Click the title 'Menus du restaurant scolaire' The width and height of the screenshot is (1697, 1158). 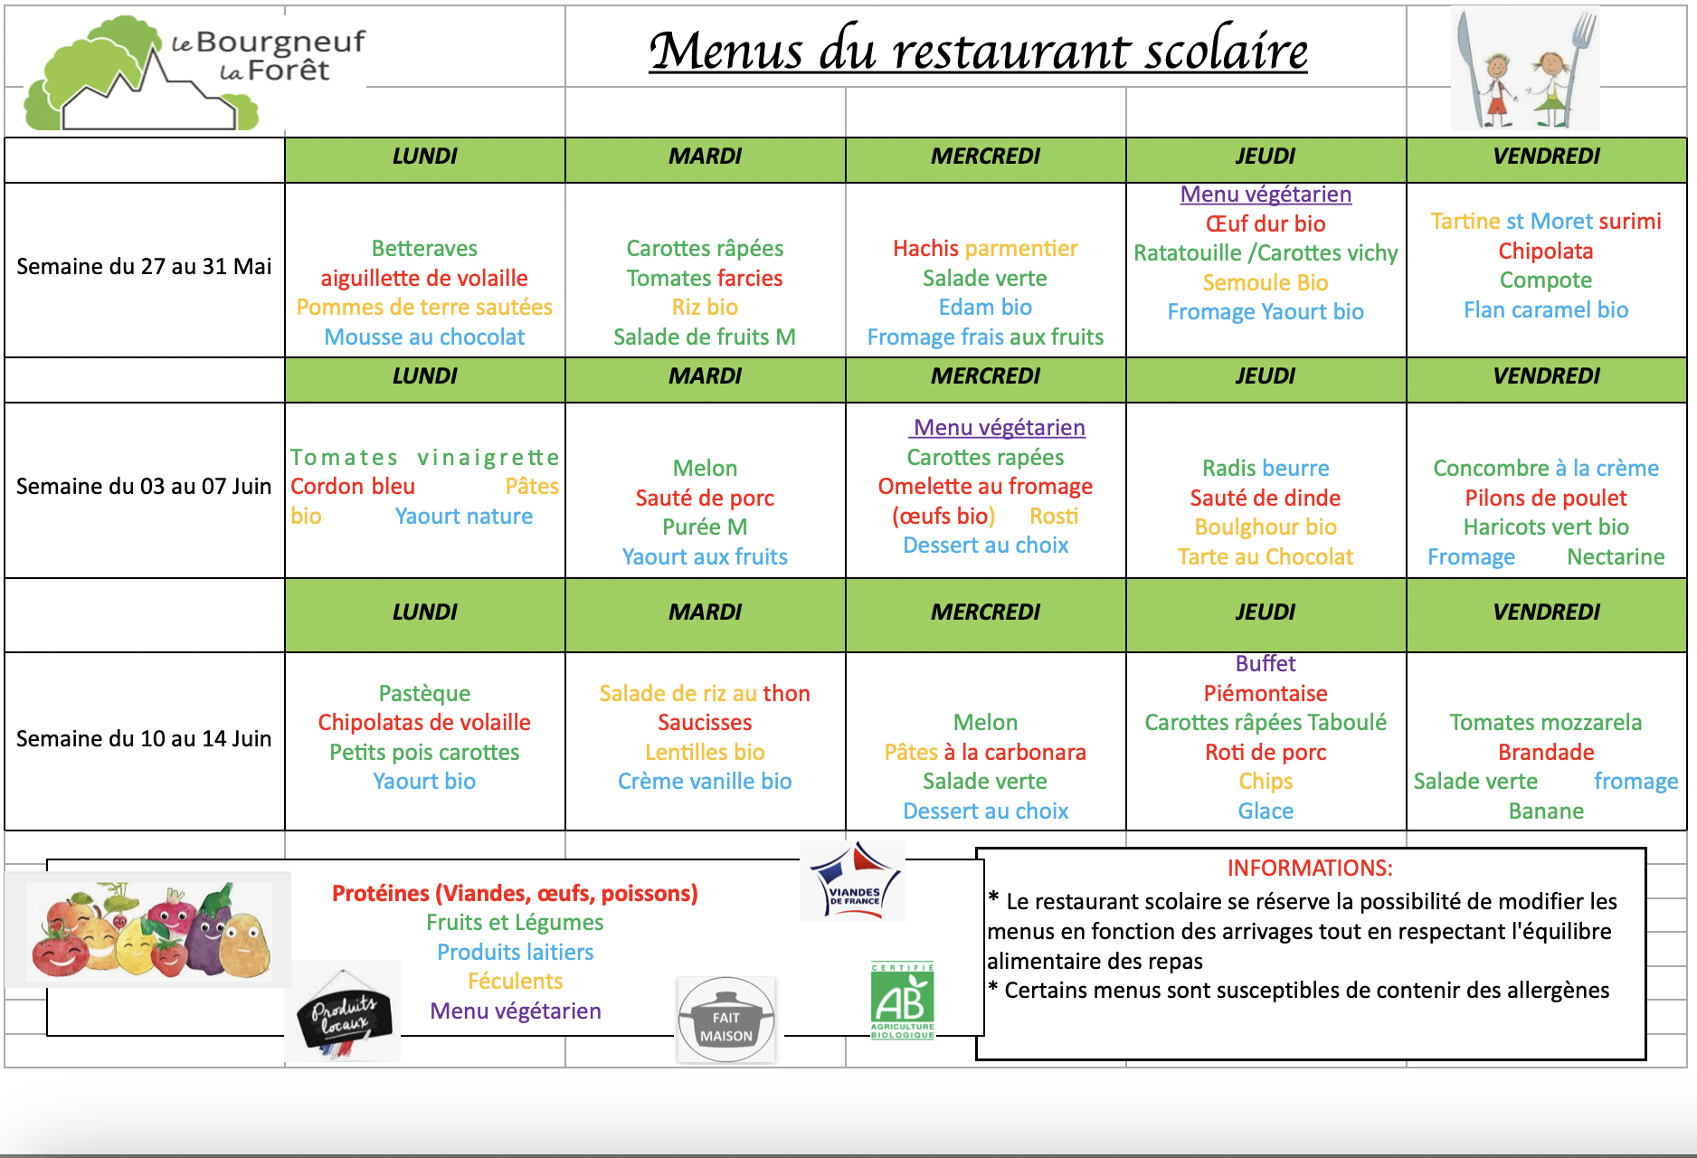tap(978, 51)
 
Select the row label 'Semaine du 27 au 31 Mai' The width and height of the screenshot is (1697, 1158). tap(144, 267)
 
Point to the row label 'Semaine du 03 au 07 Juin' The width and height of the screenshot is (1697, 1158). tap(144, 487)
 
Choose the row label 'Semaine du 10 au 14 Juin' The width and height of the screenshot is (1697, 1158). tap(144, 739)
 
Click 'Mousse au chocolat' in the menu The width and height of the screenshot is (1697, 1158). tap(424, 337)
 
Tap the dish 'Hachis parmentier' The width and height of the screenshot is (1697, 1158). tap(985, 249)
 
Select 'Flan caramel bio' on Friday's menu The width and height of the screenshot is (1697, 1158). tap(1546, 310)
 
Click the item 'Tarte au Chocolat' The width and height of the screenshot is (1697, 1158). tap(1266, 557)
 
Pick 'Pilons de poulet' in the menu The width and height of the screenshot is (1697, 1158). tap(1546, 498)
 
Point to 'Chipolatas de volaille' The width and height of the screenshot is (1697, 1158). tap(424, 723)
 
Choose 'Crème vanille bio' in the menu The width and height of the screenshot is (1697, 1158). tap(705, 782)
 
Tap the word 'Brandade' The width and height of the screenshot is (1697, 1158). tap(1546, 753)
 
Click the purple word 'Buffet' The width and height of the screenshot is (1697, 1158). tap(1266, 664)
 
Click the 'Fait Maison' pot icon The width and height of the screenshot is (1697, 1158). tap(726, 1020)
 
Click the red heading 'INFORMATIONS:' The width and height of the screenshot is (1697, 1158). tap(1310, 868)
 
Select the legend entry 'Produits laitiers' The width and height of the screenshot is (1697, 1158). tap(515, 953)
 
